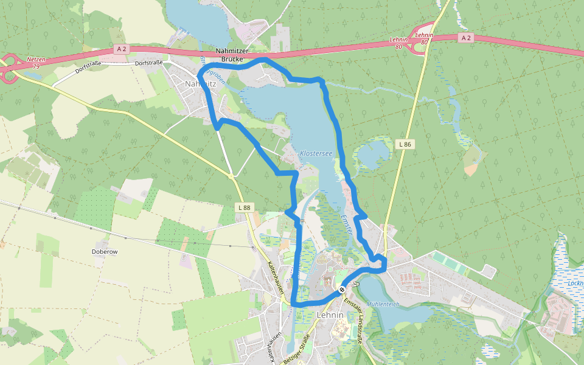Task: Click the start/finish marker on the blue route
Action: tap(342, 290)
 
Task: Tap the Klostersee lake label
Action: tap(316, 153)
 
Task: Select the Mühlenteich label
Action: tap(383, 304)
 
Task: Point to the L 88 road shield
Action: tap(244, 207)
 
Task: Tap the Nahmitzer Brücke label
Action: tap(230, 55)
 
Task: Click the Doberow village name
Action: tap(103, 251)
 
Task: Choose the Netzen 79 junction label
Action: tap(36, 63)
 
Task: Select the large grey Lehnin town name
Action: tap(330, 315)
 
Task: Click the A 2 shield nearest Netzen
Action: tap(120, 49)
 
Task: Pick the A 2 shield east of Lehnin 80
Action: tap(466, 38)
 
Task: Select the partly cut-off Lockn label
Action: tap(574, 283)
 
